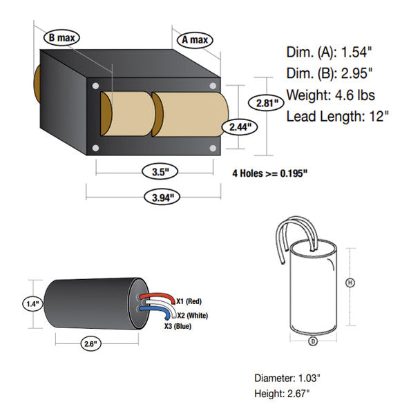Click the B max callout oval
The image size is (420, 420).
click(61, 37)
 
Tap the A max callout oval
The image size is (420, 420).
click(195, 40)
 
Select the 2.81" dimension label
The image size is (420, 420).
click(266, 103)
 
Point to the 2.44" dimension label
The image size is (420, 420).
click(240, 127)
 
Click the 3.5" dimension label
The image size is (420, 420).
click(160, 171)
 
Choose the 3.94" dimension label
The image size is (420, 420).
click(162, 198)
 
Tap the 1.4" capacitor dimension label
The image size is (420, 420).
click(32, 304)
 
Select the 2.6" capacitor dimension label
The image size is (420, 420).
click(90, 343)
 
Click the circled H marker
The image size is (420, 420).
click(350, 283)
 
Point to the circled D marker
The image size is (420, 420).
click(313, 341)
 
